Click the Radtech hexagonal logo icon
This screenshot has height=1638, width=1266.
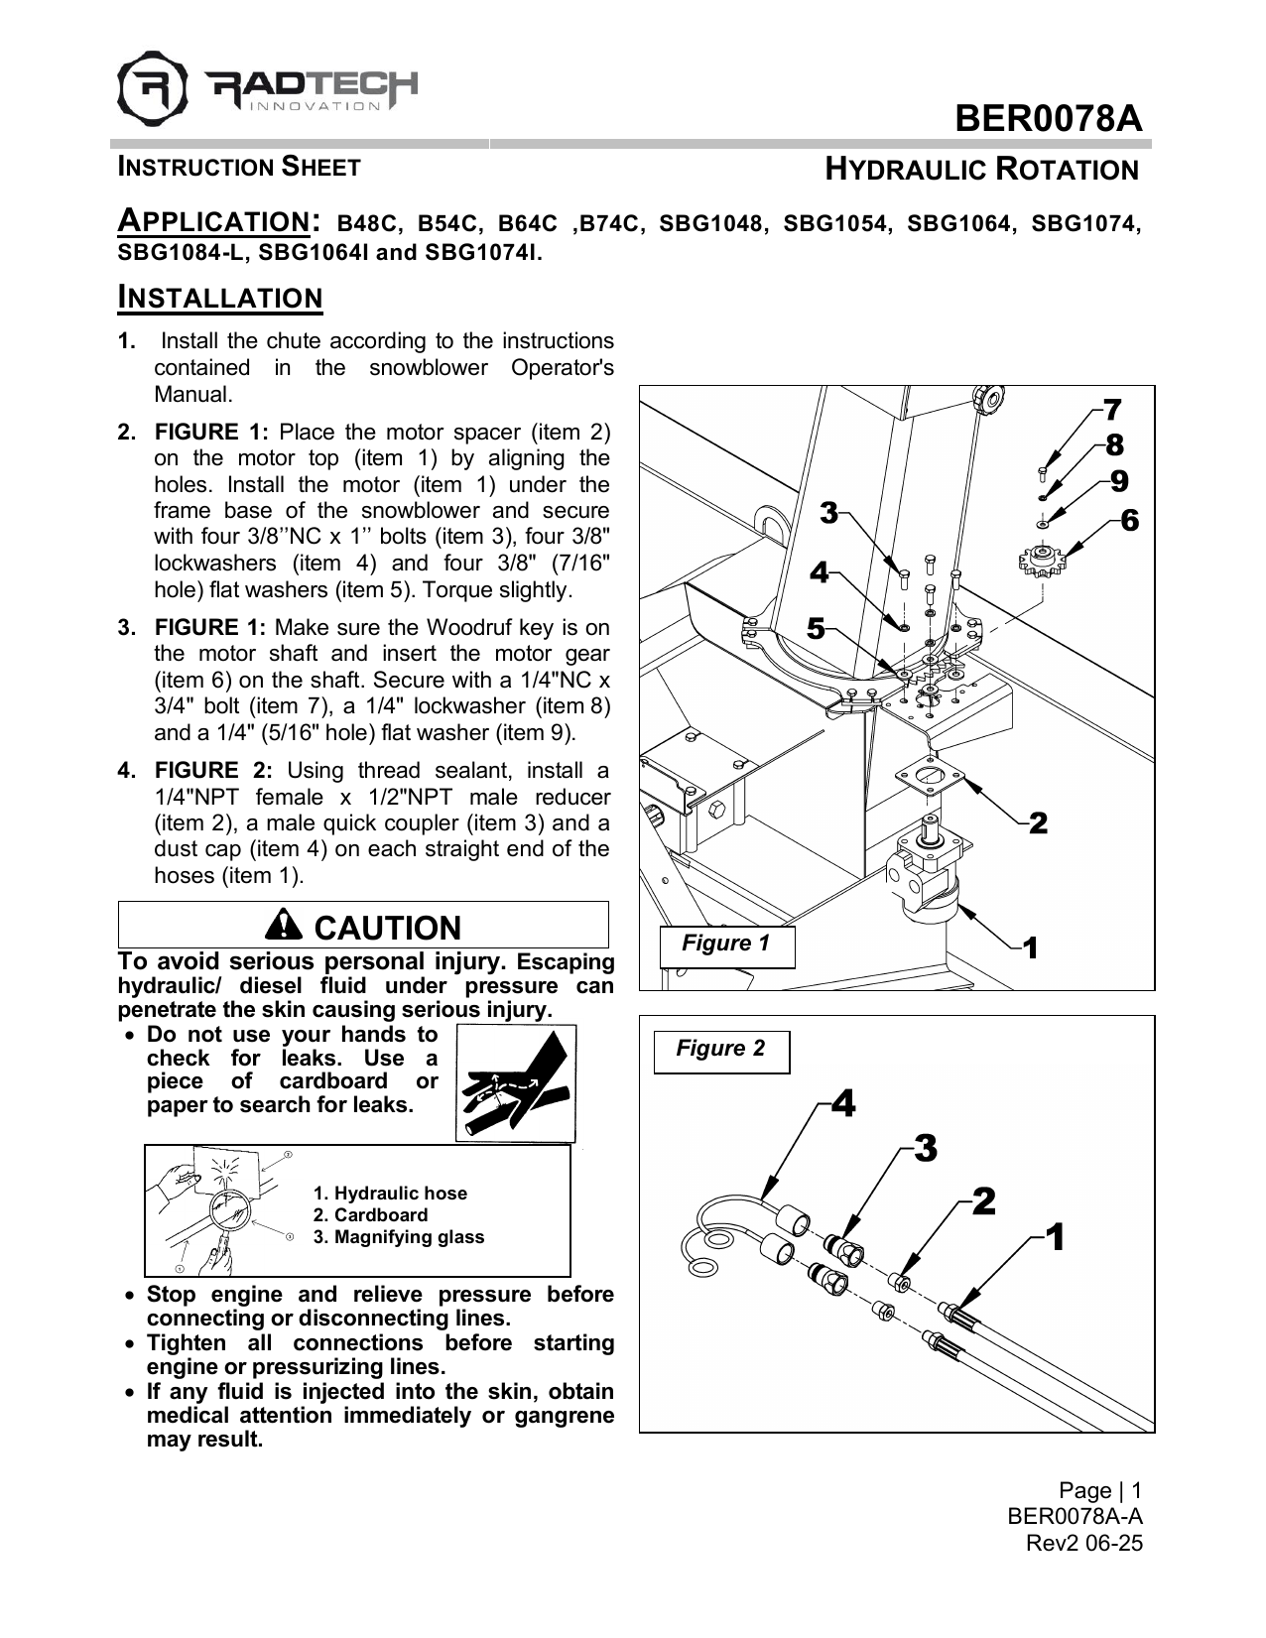coord(152,83)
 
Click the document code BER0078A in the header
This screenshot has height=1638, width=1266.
coord(1048,119)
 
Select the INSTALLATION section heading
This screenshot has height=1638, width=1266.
coord(220,298)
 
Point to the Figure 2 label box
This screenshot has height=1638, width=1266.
coord(720,1050)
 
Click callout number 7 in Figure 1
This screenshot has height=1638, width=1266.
coord(1112,409)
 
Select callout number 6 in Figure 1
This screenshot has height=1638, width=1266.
coord(1129,519)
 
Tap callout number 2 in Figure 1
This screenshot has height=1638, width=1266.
coord(1038,822)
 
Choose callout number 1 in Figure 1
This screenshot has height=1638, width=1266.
coord(1031,948)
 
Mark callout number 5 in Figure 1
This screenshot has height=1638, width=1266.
coord(815,628)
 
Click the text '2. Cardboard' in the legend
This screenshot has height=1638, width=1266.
coord(370,1215)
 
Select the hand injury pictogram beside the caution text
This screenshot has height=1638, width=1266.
coord(516,1082)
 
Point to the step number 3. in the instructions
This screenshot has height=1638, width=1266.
coord(126,628)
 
